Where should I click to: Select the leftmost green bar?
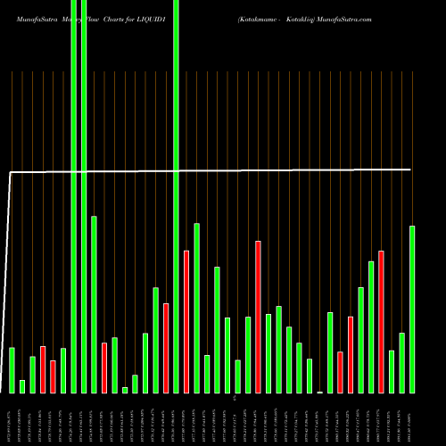click(x=12, y=370)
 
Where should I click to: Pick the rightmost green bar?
click(x=412, y=309)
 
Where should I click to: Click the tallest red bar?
click(x=258, y=317)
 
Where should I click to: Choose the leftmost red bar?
click(x=43, y=369)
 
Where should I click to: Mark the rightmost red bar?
click(x=381, y=321)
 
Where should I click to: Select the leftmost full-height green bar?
click(x=73, y=196)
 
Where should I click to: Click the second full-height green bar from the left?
click(x=84, y=196)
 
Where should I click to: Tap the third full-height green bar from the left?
click(x=177, y=196)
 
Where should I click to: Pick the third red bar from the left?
click(x=104, y=368)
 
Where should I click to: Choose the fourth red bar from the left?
click(x=166, y=348)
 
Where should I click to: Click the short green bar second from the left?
click(x=22, y=386)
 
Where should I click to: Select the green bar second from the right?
click(x=401, y=362)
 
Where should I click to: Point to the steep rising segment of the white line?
click(x=8, y=268)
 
